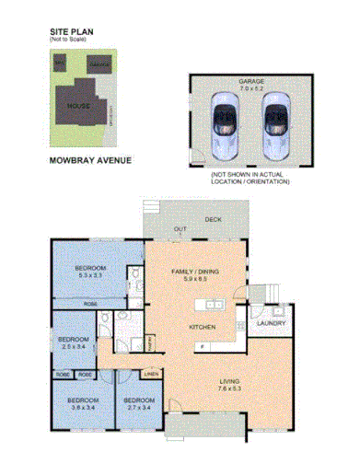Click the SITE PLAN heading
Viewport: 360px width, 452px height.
(x=74, y=30)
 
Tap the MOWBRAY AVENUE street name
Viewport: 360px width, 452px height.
(x=88, y=160)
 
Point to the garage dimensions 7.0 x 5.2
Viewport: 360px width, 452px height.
(x=250, y=88)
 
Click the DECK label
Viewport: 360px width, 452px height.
(x=213, y=219)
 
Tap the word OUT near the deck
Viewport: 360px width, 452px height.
(x=180, y=227)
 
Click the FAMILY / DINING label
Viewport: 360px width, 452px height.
(x=196, y=272)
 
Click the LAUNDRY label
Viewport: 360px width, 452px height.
(x=271, y=323)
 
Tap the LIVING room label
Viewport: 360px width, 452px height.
(x=228, y=380)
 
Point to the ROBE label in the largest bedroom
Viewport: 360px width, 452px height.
(x=91, y=303)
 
